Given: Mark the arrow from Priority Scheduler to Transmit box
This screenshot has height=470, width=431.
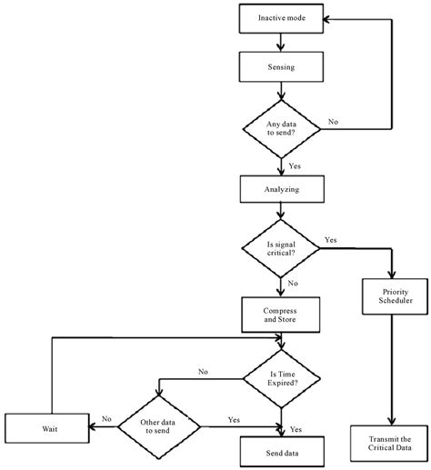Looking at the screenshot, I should (390, 373).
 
